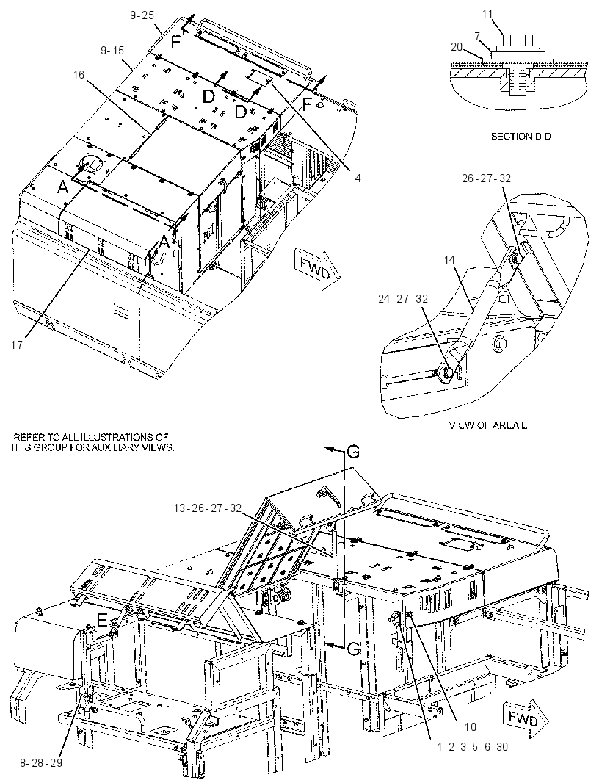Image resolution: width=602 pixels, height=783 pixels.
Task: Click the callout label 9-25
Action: click(x=142, y=15)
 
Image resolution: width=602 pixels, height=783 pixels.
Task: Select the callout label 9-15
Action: click(x=112, y=51)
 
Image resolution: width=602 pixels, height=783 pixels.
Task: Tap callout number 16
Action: click(x=79, y=75)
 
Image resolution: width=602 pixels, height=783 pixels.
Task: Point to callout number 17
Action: click(x=17, y=344)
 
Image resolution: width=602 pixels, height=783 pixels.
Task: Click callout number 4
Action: click(x=358, y=178)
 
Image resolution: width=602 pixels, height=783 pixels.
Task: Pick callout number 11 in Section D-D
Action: click(x=487, y=14)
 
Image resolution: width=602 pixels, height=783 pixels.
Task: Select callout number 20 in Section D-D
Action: click(x=457, y=47)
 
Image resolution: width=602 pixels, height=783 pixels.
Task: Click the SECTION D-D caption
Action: click(x=521, y=137)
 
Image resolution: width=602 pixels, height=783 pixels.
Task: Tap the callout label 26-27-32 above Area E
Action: click(x=486, y=178)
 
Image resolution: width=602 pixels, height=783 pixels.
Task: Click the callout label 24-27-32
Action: click(x=403, y=299)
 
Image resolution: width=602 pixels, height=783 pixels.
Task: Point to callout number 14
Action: click(x=449, y=260)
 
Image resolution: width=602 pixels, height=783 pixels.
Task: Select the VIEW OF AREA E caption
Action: click(x=487, y=425)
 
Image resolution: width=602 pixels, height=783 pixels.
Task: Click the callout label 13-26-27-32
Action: click(x=208, y=508)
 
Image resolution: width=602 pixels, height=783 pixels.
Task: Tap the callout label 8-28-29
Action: click(x=41, y=763)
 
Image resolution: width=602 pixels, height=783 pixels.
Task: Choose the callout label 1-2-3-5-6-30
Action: click(x=473, y=747)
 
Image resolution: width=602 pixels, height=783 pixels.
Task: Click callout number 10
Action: click(x=470, y=726)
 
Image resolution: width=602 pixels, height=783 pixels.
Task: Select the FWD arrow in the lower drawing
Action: click(x=525, y=719)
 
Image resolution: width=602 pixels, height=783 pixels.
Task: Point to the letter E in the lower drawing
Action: click(x=102, y=620)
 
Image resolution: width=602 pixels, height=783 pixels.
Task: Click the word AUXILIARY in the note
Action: click(x=115, y=447)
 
